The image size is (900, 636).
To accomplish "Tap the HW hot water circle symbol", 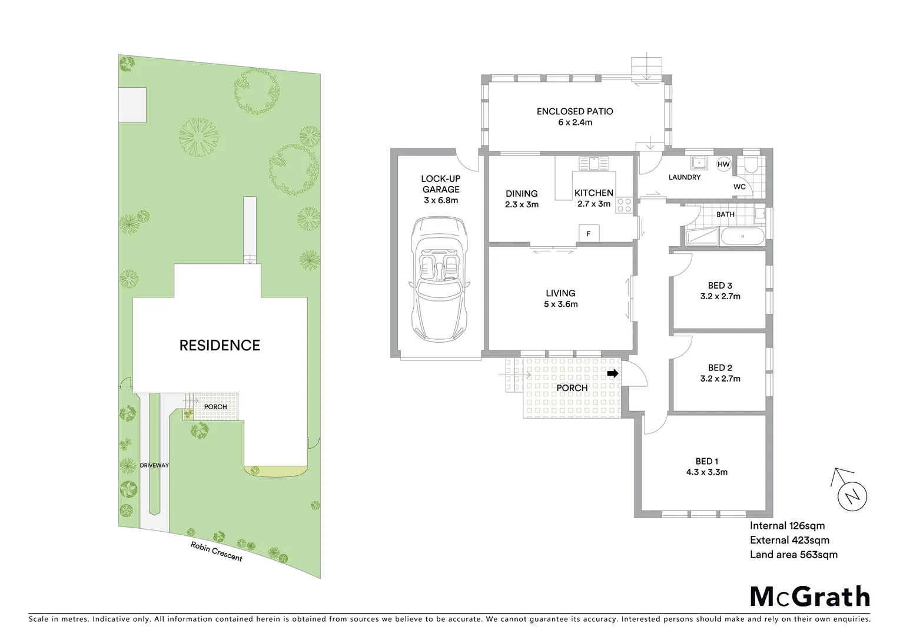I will click(723, 164).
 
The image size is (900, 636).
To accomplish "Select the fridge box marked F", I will click(588, 234).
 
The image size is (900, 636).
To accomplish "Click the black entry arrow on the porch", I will click(613, 373).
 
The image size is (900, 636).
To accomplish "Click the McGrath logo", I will click(809, 597).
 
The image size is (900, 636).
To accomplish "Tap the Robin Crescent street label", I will click(216, 551).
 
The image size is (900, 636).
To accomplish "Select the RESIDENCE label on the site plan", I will click(220, 345).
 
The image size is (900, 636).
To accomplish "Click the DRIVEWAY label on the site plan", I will click(154, 465).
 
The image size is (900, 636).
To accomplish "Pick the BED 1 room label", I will click(706, 461).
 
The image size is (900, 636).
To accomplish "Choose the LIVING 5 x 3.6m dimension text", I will click(560, 304).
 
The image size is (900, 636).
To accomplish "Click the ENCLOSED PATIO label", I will click(574, 111).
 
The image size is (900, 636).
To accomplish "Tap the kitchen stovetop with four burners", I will click(624, 205).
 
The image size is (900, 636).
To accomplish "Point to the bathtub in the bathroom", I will click(742, 237).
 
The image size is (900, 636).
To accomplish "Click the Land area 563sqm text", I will click(793, 554).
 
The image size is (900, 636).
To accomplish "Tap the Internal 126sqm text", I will click(787, 526).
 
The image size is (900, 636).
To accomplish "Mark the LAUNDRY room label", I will click(684, 177).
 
